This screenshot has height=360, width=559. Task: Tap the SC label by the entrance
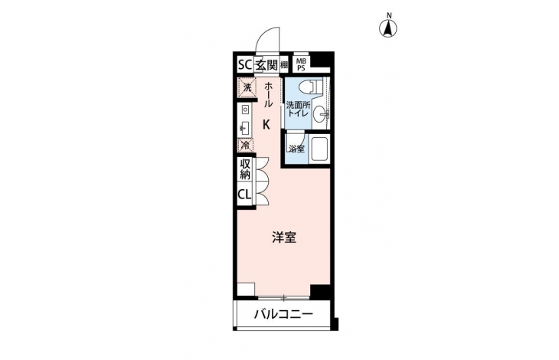[x=245, y=65]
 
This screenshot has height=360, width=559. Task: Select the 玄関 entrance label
[x=266, y=65]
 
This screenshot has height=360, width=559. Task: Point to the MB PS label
[x=301, y=65]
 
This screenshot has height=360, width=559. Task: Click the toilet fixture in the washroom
[x=310, y=87]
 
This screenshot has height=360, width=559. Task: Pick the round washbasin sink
[x=320, y=114]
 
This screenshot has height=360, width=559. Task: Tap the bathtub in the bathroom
[x=319, y=149]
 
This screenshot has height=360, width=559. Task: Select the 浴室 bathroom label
[x=296, y=149]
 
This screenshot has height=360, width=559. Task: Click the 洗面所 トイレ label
[x=299, y=110]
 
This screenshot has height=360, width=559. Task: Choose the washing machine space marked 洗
[x=247, y=87]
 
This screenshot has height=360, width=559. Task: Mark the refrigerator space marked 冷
[x=246, y=145]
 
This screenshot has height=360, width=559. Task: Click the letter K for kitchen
[x=266, y=124]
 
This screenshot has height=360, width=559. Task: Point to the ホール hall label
[x=268, y=94]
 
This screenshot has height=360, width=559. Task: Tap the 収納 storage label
[x=245, y=169]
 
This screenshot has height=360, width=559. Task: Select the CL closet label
[x=244, y=195]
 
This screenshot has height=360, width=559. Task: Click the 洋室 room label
[x=284, y=237]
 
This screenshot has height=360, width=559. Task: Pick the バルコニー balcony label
[x=284, y=314]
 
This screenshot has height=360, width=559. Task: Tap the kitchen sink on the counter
[x=245, y=127]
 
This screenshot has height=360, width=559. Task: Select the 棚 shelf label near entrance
[x=284, y=65]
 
